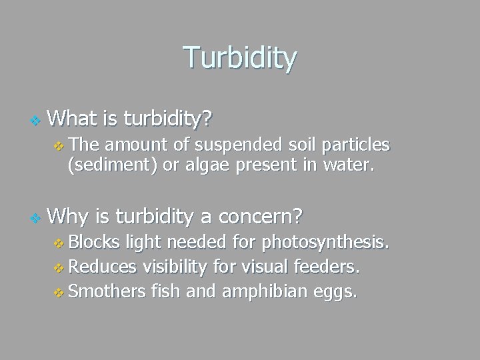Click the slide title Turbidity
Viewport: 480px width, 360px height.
(x=240, y=58)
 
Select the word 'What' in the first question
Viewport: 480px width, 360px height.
(x=73, y=119)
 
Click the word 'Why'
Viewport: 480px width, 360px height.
(x=69, y=216)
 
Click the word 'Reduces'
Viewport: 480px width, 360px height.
(x=101, y=267)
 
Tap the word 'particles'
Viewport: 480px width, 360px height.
(x=357, y=145)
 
